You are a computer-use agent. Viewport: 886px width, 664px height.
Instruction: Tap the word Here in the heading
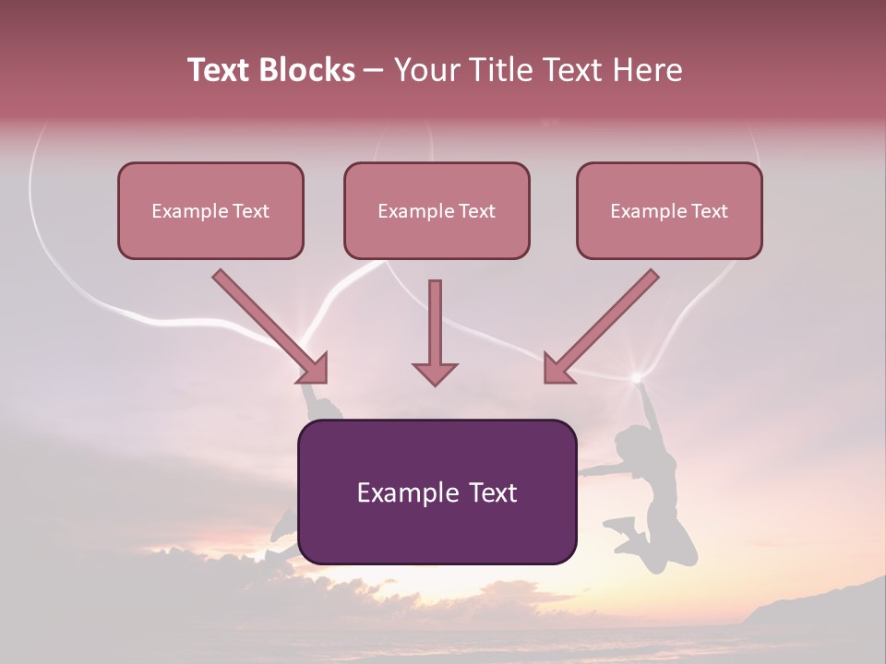coord(646,70)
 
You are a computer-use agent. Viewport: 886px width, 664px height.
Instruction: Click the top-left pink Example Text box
coord(210,211)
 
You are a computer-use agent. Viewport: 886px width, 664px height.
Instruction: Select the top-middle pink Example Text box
coord(437,211)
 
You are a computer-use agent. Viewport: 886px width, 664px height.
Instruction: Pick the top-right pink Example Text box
coord(669,211)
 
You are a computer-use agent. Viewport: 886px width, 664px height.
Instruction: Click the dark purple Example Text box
coord(437,492)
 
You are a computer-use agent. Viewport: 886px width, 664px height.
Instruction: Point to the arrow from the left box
coord(268,324)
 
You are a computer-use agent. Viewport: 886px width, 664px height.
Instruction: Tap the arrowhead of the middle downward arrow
coord(435,373)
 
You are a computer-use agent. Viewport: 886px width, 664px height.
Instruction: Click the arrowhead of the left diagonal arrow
coord(314,368)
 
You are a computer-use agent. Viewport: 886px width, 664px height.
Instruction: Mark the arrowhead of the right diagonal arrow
coord(557,368)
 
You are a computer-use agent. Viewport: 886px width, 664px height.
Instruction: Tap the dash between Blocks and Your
coord(374,70)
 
